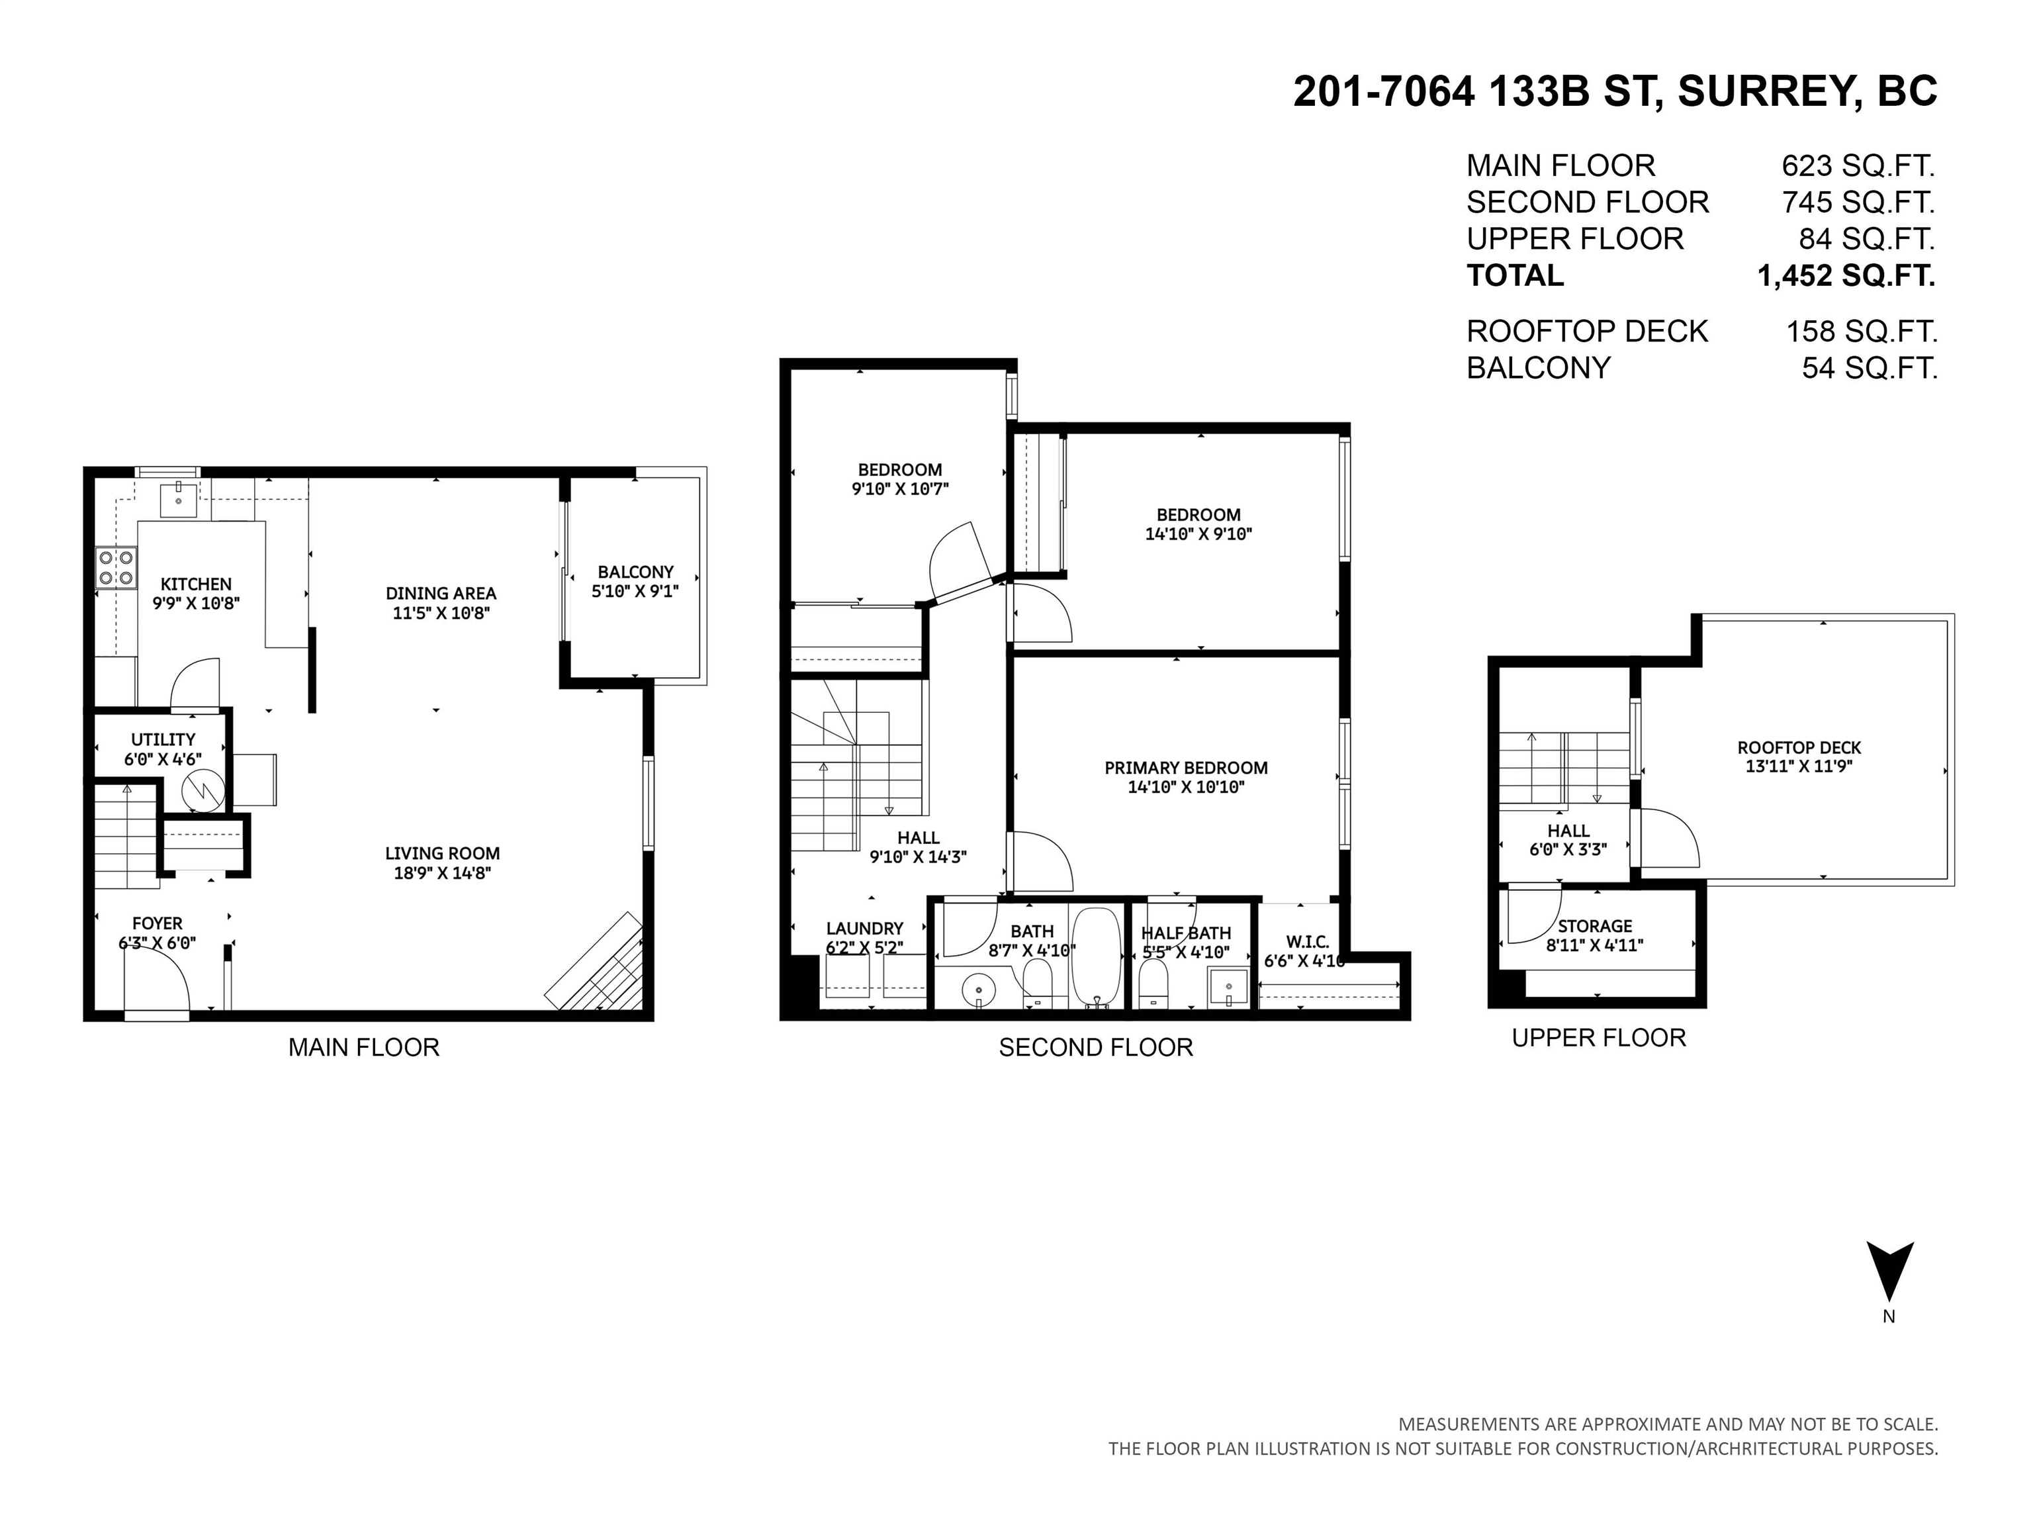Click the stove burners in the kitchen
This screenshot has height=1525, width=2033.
(x=116, y=567)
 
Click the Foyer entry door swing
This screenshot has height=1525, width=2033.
(x=158, y=981)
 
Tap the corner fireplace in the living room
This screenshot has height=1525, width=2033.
(x=596, y=962)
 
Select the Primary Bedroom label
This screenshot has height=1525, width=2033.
(x=1186, y=768)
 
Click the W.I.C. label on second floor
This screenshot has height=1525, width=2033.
(x=1307, y=943)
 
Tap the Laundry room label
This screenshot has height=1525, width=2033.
(x=864, y=929)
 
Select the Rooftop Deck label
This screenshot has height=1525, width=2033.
(x=1799, y=748)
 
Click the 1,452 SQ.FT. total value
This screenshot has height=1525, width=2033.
(x=1846, y=276)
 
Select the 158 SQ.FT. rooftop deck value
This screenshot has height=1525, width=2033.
(x=1861, y=332)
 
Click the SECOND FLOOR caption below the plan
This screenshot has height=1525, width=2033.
(x=1095, y=1048)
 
